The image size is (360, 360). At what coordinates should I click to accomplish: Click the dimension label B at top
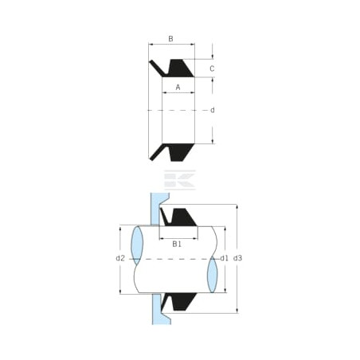pos(170,39)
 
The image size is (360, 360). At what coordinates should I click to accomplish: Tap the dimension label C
pos(212,68)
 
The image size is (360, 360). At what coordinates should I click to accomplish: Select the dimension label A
pos(178,87)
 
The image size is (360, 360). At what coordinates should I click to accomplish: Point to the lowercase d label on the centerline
pos(213,110)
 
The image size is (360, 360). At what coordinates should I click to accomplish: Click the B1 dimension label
pos(177,244)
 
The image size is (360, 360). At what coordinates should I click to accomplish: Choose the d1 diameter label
pos(225,258)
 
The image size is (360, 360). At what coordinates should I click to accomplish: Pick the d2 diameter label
pos(120,258)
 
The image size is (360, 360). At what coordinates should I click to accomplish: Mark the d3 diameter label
pos(237,258)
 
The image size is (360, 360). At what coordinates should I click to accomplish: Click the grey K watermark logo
pos(180,180)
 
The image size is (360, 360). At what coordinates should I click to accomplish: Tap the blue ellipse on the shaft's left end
pos(137,245)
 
